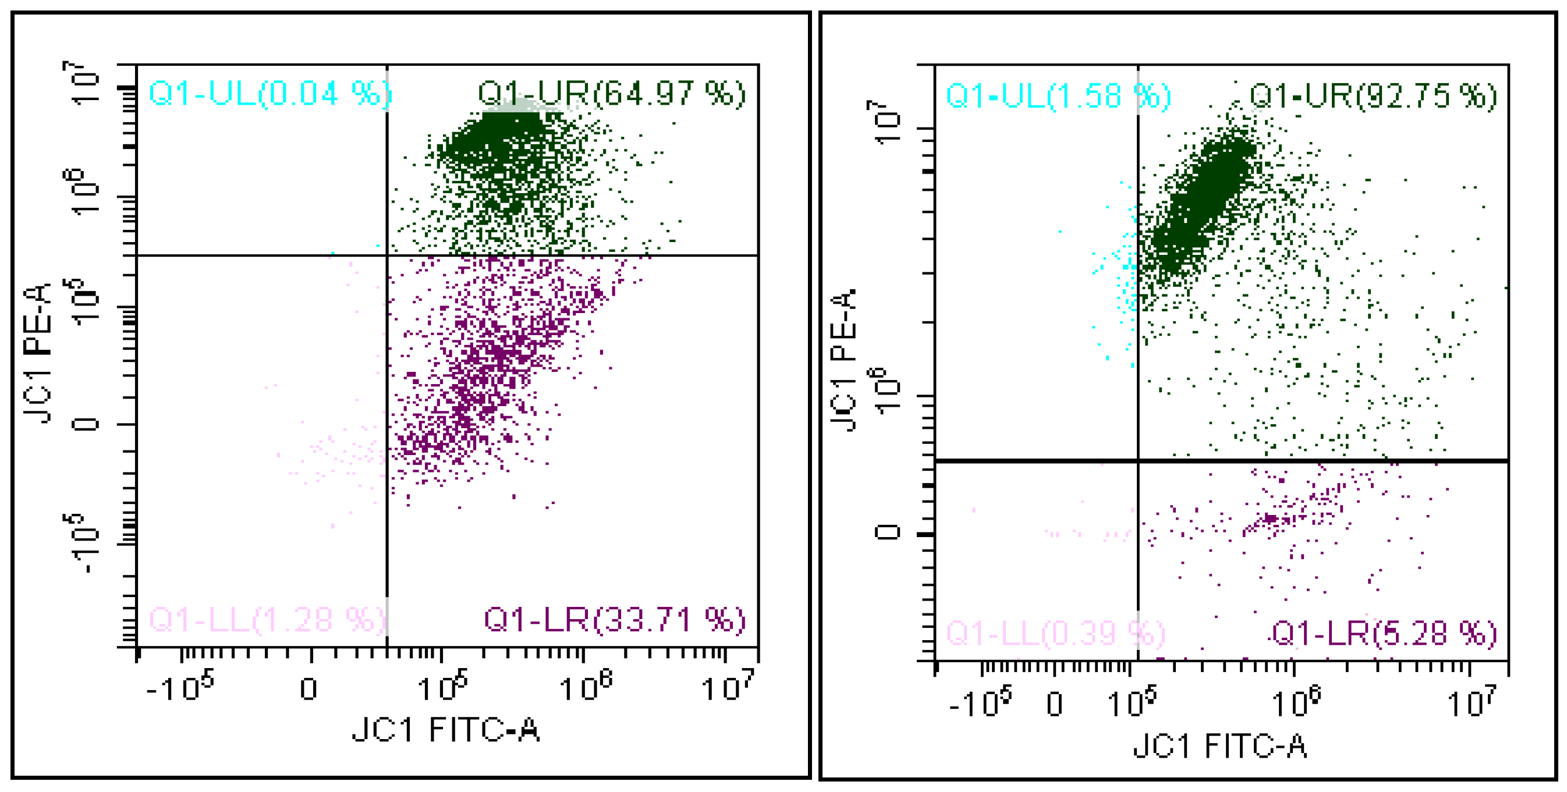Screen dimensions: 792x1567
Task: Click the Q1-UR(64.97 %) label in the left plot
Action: click(611, 94)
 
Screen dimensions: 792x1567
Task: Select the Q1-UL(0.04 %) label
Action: click(270, 94)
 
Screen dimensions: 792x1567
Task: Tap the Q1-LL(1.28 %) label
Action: click(268, 620)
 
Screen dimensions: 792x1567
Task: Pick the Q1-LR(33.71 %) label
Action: click(614, 620)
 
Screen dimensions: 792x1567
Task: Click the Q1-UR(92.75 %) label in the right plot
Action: click(1373, 96)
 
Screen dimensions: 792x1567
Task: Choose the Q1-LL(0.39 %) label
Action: click(1055, 633)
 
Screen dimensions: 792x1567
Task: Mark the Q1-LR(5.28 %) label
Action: click(1383, 633)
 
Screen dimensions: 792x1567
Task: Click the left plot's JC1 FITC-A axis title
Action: click(445, 729)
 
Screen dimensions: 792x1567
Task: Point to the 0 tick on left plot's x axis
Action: click(309, 689)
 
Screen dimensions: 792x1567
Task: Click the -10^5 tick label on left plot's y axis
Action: click(82, 543)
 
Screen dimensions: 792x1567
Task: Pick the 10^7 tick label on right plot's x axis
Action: click(1471, 702)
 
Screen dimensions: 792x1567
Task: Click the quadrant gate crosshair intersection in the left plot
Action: click(387, 255)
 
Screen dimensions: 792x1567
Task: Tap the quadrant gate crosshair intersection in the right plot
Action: click(1138, 461)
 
